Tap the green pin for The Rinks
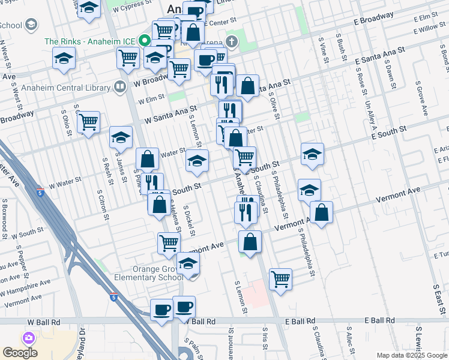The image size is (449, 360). (x=145, y=41)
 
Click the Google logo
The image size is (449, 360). (x=20, y=353)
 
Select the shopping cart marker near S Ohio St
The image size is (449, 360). (x=88, y=122)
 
